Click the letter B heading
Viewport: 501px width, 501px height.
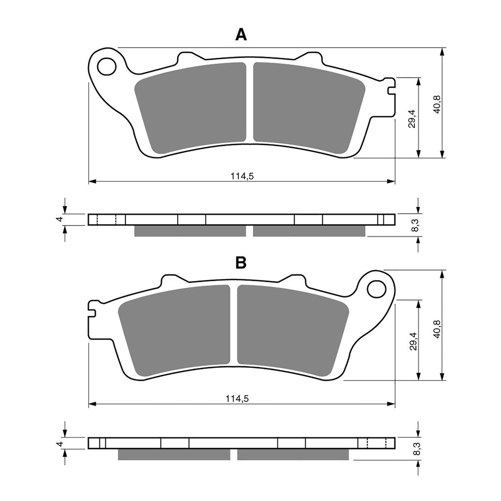[240, 263]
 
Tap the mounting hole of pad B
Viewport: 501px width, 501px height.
[376, 289]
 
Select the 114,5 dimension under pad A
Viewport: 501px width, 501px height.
[242, 176]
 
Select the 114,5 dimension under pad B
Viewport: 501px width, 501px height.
[238, 399]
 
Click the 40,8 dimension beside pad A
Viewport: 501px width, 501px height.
[437, 104]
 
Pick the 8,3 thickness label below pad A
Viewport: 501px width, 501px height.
[415, 225]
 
